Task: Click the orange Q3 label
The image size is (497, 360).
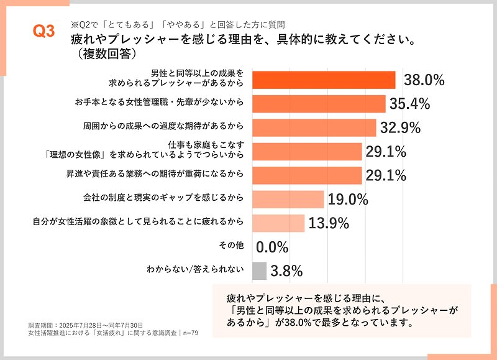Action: point(43,33)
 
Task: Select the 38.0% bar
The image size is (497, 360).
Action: point(324,80)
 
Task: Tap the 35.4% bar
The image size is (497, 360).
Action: point(319,103)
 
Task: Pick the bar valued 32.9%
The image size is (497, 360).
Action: point(314,127)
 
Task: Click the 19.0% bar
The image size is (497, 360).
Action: point(288,199)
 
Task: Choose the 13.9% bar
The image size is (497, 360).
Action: point(278,223)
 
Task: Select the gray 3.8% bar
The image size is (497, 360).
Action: point(259,270)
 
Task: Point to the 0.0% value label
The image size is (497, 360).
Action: point(272,247)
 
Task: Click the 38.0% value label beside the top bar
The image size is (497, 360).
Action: point(424,80)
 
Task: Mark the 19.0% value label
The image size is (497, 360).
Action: point(348,200)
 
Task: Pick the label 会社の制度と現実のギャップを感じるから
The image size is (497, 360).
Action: point(163,198)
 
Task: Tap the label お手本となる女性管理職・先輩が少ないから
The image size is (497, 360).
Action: point(163,102)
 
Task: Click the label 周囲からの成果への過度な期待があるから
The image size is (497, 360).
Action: point(163,126)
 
